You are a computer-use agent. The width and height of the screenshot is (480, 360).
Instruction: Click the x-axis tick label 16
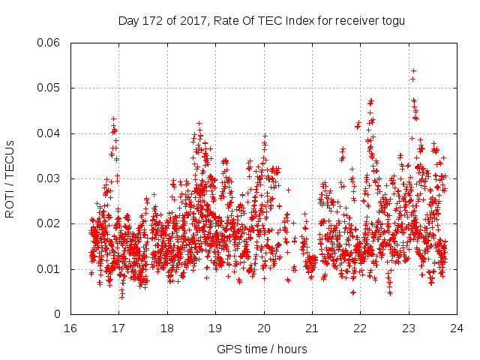tap(70, 328)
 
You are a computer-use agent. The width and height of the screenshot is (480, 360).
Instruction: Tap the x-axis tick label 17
tap(118, 328)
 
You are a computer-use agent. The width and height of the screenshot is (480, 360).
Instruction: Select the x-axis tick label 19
tap(215, 328)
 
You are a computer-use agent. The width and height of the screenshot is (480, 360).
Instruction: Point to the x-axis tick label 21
tap(312, 328)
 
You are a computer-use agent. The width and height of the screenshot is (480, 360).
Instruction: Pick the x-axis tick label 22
tap(361, 328)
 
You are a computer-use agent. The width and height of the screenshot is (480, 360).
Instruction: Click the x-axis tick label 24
tap(457, 328)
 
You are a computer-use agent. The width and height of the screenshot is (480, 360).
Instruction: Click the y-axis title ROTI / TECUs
tap(10, 178)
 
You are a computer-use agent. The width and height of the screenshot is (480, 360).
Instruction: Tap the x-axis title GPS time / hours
tap(262, 349)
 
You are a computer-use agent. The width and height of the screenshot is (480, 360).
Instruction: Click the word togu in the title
tap(393, 20)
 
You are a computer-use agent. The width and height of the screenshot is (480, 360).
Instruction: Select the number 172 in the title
tap(153, 20)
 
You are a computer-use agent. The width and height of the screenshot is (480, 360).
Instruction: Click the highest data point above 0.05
tap(413, 71)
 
